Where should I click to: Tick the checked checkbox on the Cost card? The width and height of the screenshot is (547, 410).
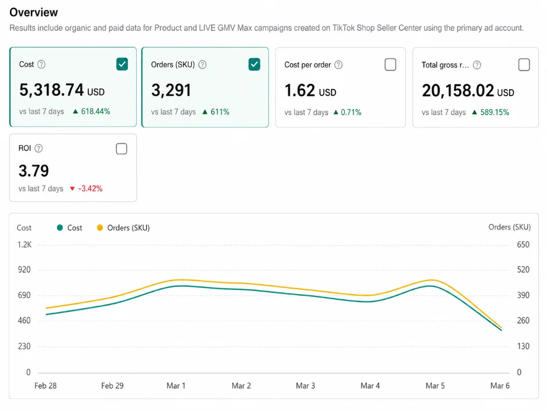[122, 64]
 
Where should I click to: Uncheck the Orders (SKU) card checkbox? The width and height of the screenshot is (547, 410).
[254, 64]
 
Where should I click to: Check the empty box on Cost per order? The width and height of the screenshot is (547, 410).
[390, 64]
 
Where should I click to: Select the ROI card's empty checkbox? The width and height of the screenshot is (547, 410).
[121, 149]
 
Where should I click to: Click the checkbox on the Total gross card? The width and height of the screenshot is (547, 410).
[524, 64]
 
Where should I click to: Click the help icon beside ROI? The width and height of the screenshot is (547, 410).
[38, 148]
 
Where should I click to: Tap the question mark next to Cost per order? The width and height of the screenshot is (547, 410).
[338, 65]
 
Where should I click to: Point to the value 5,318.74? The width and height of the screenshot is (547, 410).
[51, 90]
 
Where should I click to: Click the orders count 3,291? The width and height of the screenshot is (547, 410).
[171, 90]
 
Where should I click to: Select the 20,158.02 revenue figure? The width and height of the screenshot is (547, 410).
[458, 90]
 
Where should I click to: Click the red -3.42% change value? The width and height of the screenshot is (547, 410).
[90, 189]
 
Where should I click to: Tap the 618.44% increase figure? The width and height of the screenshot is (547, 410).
[96, 112]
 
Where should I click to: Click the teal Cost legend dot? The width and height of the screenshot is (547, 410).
[60, 228]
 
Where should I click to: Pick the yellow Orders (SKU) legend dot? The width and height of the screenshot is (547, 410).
[100, 228]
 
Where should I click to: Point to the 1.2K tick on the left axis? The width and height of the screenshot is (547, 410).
[24, 245]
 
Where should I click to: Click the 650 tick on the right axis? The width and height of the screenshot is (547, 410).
[523, 245]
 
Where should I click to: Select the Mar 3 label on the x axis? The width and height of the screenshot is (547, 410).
[305, 386]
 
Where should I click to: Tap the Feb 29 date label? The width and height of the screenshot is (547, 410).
[112, 386]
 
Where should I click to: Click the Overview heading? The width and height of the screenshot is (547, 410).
[33, 12]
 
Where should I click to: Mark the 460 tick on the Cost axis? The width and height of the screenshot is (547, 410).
[24, 321]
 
